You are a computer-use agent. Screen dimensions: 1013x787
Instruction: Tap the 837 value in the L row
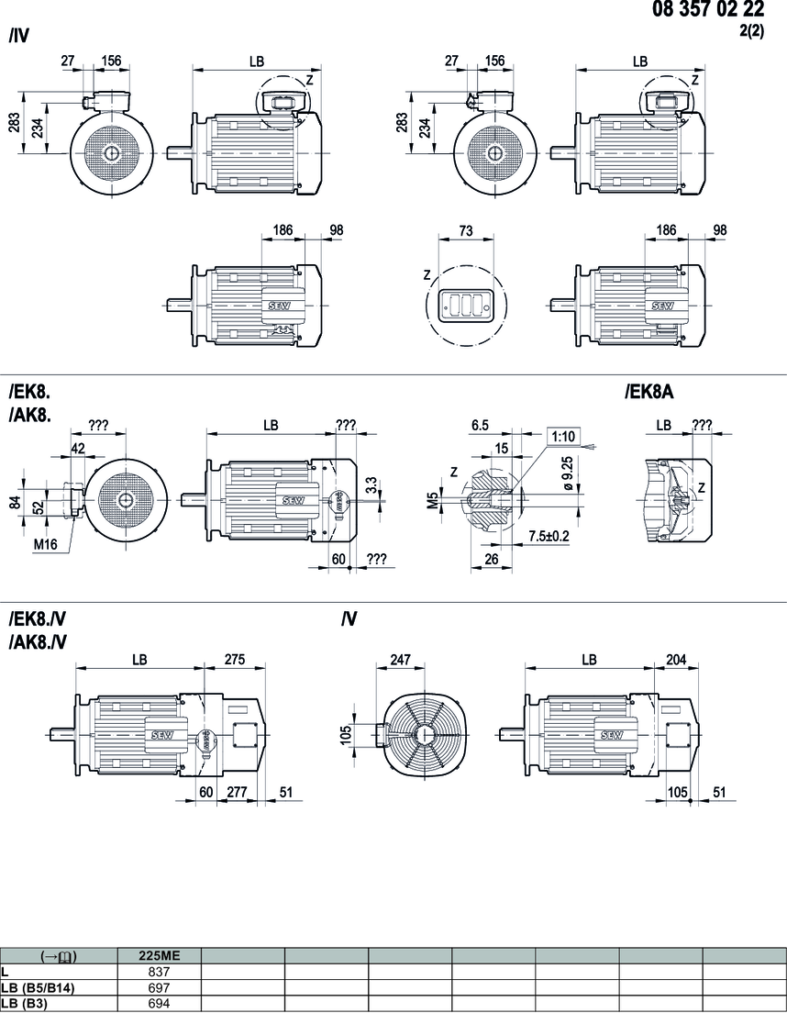pos(159,970)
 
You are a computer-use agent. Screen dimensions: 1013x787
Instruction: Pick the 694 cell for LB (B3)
pos(159,1003)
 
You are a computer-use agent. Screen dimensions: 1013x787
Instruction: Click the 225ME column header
pos(159,955)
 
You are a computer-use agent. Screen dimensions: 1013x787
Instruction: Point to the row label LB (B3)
pos(26,1003)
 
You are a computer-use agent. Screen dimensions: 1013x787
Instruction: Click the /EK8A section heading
pos(649,393)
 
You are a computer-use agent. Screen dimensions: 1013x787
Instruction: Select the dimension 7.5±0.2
pos(549,535)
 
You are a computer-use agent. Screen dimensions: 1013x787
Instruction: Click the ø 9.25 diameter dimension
pos(570,473)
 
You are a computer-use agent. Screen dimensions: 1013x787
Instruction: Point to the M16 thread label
pos(46,543)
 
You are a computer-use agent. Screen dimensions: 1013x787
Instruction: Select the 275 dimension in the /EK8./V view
pos(237,659)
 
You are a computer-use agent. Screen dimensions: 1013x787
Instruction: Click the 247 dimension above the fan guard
pos(400,659)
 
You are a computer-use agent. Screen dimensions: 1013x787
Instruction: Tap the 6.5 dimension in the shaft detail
pos(478,427)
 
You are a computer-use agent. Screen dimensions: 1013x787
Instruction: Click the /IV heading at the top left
pos(19,38)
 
